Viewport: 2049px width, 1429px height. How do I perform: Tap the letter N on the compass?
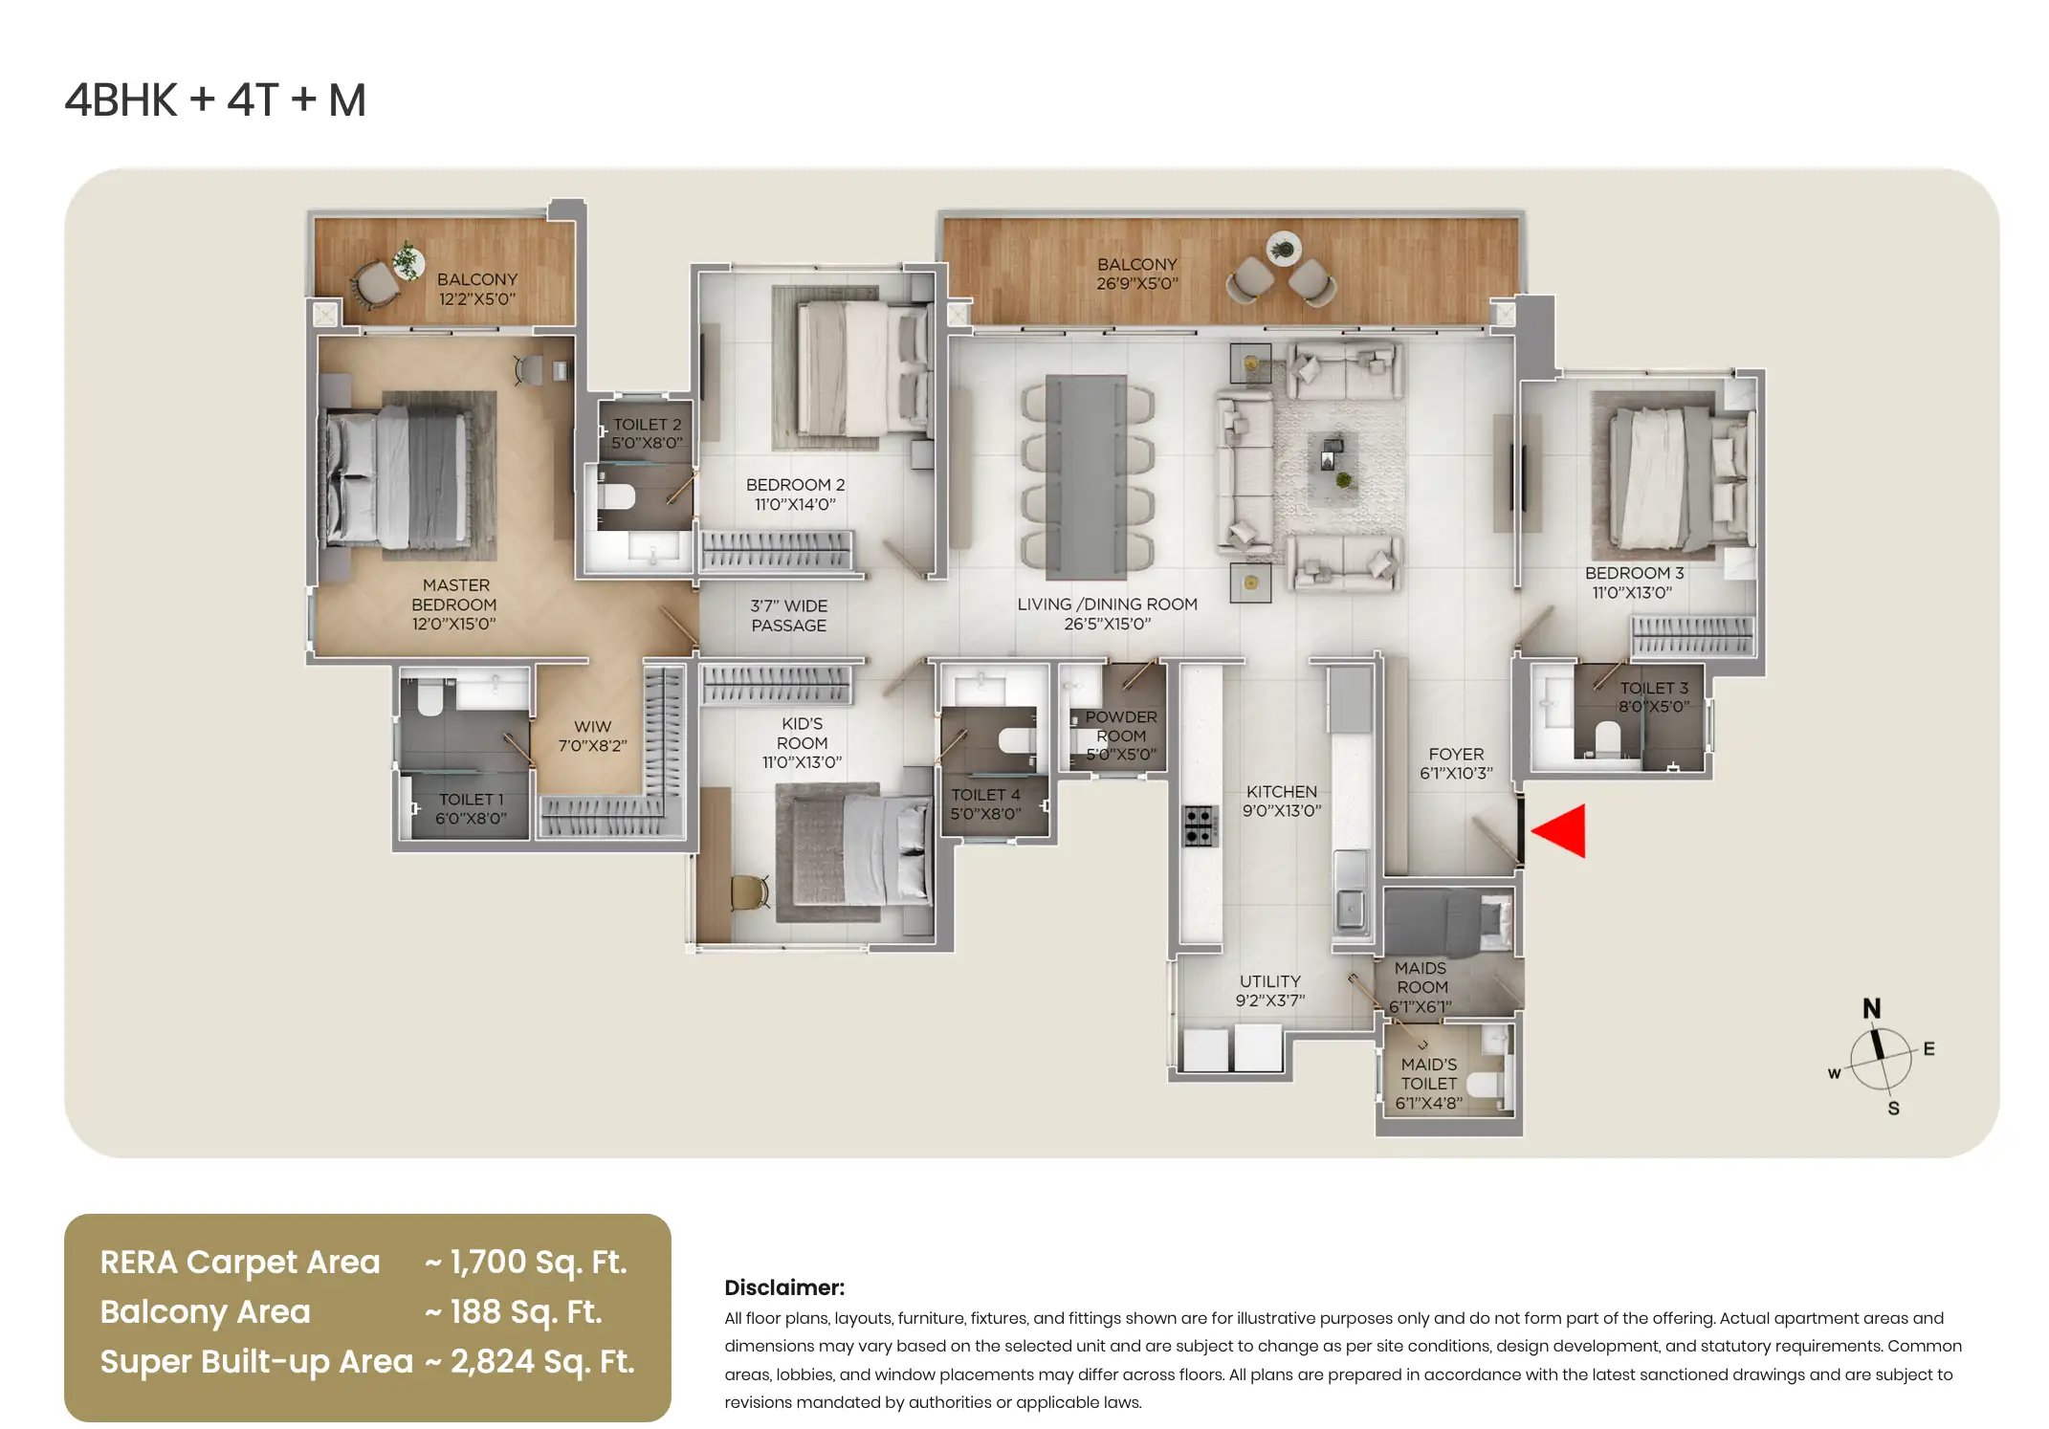(x=1871, y=1008)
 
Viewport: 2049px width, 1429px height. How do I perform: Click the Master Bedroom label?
(x=454, y=605)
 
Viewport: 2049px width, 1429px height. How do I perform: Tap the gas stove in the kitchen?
(x=1200, y=825)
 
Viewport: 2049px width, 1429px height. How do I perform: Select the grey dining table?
(x=1086, y=477)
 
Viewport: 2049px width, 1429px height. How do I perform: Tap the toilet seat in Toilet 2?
(x=616, y=496)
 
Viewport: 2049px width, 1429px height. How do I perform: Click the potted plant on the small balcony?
(x=408, y=259)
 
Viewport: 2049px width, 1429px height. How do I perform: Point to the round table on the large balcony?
(x=1283, y=250)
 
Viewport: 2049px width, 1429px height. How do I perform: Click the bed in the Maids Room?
(x=1445, y=922)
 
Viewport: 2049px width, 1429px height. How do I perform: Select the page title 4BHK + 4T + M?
(x=215, y=100)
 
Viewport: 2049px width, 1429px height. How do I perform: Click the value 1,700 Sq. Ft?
(x=538, y=1263)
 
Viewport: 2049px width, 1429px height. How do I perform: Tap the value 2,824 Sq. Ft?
(x=542, y=1362)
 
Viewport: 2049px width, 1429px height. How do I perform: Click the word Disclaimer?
(x=784, y=1287)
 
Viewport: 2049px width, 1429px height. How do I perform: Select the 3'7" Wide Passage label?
(x=788, y=615)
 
